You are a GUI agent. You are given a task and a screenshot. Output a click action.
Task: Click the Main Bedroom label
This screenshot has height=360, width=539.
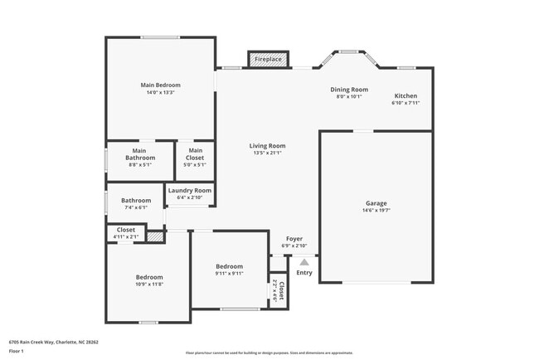point(160,85)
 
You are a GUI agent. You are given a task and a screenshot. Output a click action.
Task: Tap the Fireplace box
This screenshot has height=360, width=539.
point(267,60)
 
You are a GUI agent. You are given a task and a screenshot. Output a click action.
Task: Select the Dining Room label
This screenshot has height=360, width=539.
point(349,90)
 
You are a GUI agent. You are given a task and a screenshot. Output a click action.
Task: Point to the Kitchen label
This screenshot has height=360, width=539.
point(405,95)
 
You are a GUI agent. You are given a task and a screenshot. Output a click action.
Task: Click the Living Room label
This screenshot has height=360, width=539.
point(267,146)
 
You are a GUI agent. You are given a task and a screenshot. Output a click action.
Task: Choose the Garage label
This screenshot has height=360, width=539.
point(376,202)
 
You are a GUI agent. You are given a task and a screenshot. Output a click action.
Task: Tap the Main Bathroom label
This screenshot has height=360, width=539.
point(140,153)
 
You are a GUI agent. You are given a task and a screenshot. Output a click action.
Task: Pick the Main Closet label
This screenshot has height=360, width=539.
point(196,153)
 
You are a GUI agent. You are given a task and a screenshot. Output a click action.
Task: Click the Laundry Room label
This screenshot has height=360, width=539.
point(190,190)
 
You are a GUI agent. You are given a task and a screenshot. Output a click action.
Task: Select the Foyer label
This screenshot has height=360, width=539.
point(294,239)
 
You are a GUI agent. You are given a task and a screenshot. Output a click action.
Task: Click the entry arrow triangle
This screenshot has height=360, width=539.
point(304,261)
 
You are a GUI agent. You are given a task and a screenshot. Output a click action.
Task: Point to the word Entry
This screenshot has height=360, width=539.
point(304,273)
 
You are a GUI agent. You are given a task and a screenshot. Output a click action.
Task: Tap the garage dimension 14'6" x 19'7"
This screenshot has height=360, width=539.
point(376,211)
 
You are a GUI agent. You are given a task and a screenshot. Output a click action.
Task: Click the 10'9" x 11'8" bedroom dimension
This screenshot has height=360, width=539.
point(149,285)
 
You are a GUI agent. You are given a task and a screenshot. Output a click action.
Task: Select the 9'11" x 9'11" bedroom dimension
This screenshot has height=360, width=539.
point(229,274)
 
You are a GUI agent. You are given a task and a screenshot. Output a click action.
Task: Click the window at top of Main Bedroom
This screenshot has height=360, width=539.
point(160,36)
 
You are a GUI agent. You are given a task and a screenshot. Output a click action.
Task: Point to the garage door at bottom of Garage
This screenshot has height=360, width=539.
point(376,283)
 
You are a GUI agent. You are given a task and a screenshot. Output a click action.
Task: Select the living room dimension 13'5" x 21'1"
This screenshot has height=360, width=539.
point(267,153)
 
